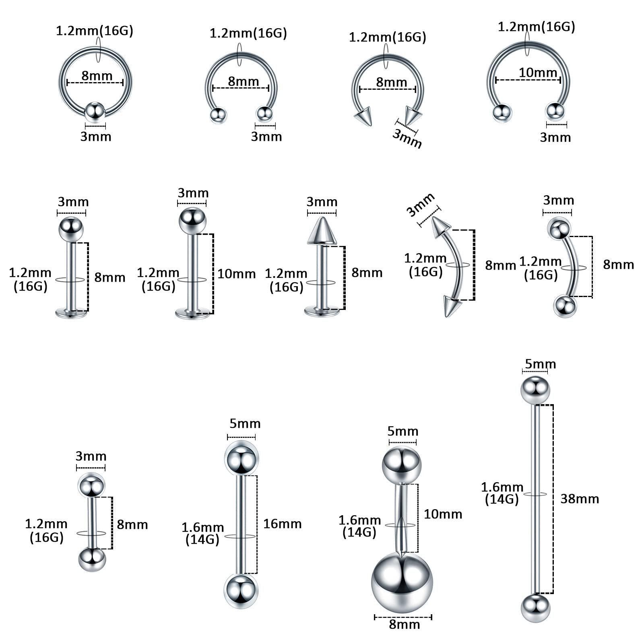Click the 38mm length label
pos(580,499)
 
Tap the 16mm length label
pos(283,524)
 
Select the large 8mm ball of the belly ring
pos(402,582)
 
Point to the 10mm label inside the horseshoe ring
pos(538,72)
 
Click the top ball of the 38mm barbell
pos(535,390)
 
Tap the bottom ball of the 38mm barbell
pos(535,608)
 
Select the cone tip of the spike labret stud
pos(322,231)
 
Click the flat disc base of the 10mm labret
pos(192,312)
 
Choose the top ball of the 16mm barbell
pos(241,458)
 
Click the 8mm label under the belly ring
pos(404,624)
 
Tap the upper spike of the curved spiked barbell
pos(441,227)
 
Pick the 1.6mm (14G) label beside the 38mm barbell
pos(502,493)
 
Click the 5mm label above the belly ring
pos(402,431)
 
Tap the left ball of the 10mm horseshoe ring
pos(502,113)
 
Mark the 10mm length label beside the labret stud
pos(237,274)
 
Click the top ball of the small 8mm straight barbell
pos(91,485)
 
